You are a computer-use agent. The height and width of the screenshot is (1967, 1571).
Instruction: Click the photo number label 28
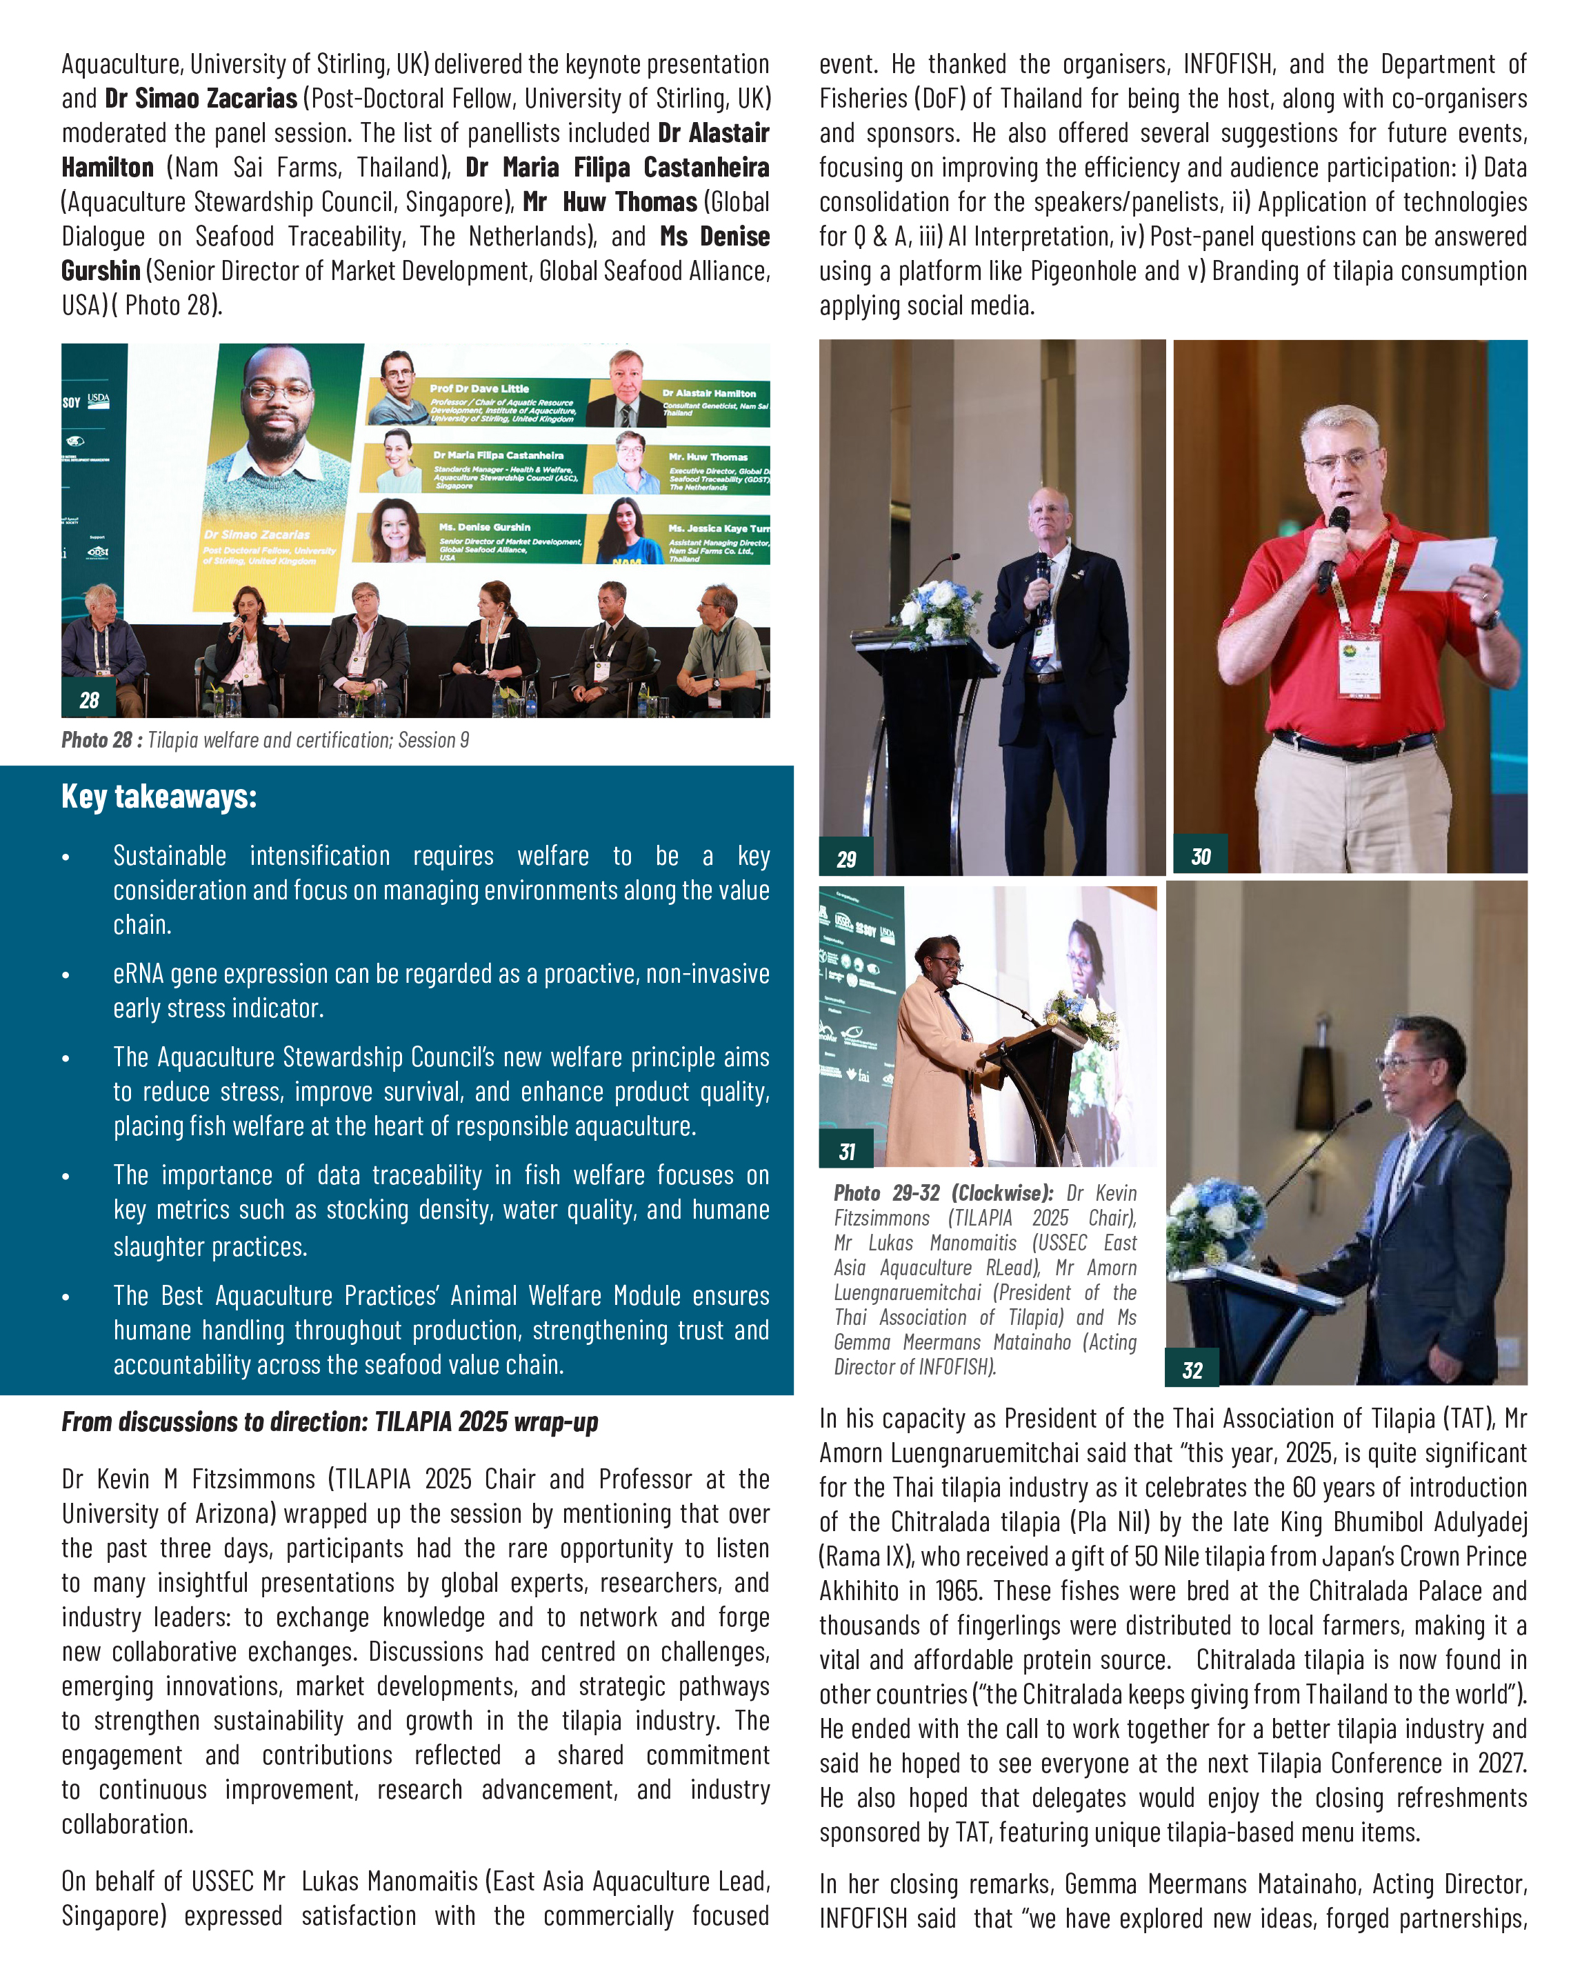(x=88, y=700)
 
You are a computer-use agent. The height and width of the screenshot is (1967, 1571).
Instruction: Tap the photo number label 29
(x=845, y=859)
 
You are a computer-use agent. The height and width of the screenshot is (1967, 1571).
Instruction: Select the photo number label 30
(x=1200, y=856)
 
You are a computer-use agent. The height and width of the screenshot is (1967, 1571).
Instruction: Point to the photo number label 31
(x=845, y=1151)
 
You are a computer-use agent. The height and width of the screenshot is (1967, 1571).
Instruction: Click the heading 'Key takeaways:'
(x=159, y=797)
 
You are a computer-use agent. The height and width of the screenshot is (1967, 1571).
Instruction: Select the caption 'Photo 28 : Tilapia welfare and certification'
(x=265, y=740)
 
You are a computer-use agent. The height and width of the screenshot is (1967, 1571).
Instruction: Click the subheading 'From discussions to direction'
(x=330, y=1421)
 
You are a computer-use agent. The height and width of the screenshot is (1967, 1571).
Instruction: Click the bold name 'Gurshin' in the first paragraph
(x=101, y=271)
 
